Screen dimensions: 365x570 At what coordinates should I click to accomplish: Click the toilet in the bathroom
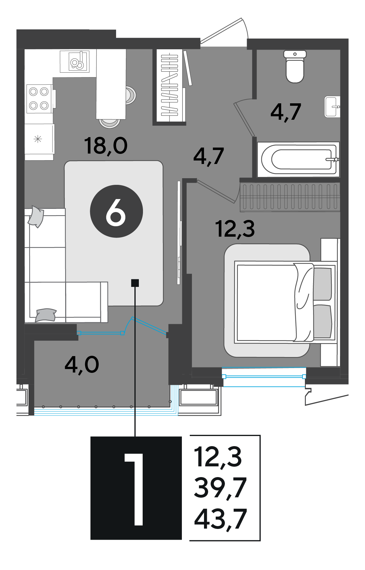coord(295,66)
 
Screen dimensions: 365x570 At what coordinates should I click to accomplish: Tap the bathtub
coord(298,159)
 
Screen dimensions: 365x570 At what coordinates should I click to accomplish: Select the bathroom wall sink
coord(332,107)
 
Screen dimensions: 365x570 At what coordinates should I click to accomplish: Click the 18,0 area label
coord(106,146)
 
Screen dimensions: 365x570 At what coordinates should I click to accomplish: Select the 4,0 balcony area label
coord(82,365)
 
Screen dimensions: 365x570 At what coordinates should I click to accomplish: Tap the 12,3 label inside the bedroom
coord(235,229)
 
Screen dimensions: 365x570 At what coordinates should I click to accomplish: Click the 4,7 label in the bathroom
coord(286,112)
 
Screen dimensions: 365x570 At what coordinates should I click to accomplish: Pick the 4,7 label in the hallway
coord(208,156)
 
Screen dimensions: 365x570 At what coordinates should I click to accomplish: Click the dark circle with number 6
coord(116,211)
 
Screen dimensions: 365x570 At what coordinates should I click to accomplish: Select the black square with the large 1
coord(136,488)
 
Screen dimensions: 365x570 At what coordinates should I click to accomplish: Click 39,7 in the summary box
coord(220,488)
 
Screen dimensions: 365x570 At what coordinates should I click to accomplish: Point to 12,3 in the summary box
coord(218,457)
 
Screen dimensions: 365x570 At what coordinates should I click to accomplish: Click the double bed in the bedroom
coord(285,302)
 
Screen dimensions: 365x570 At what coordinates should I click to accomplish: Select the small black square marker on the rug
coord(135,283)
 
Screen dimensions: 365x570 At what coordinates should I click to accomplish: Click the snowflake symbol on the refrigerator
coord(38,139)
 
